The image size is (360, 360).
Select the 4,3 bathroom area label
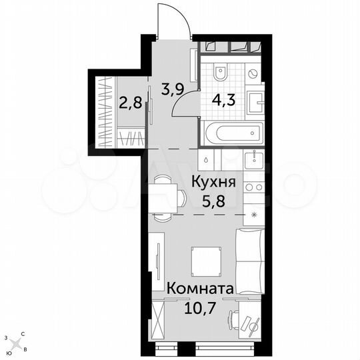click(223, 102)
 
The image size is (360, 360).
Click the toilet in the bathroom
click(222, 72)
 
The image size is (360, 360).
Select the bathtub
click(226, 134)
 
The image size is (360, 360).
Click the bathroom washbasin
click(257, 103)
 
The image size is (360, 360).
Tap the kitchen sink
click(255, 160)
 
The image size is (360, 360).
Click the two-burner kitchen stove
click(255, 188)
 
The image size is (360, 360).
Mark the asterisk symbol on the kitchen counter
click(253, 215)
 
